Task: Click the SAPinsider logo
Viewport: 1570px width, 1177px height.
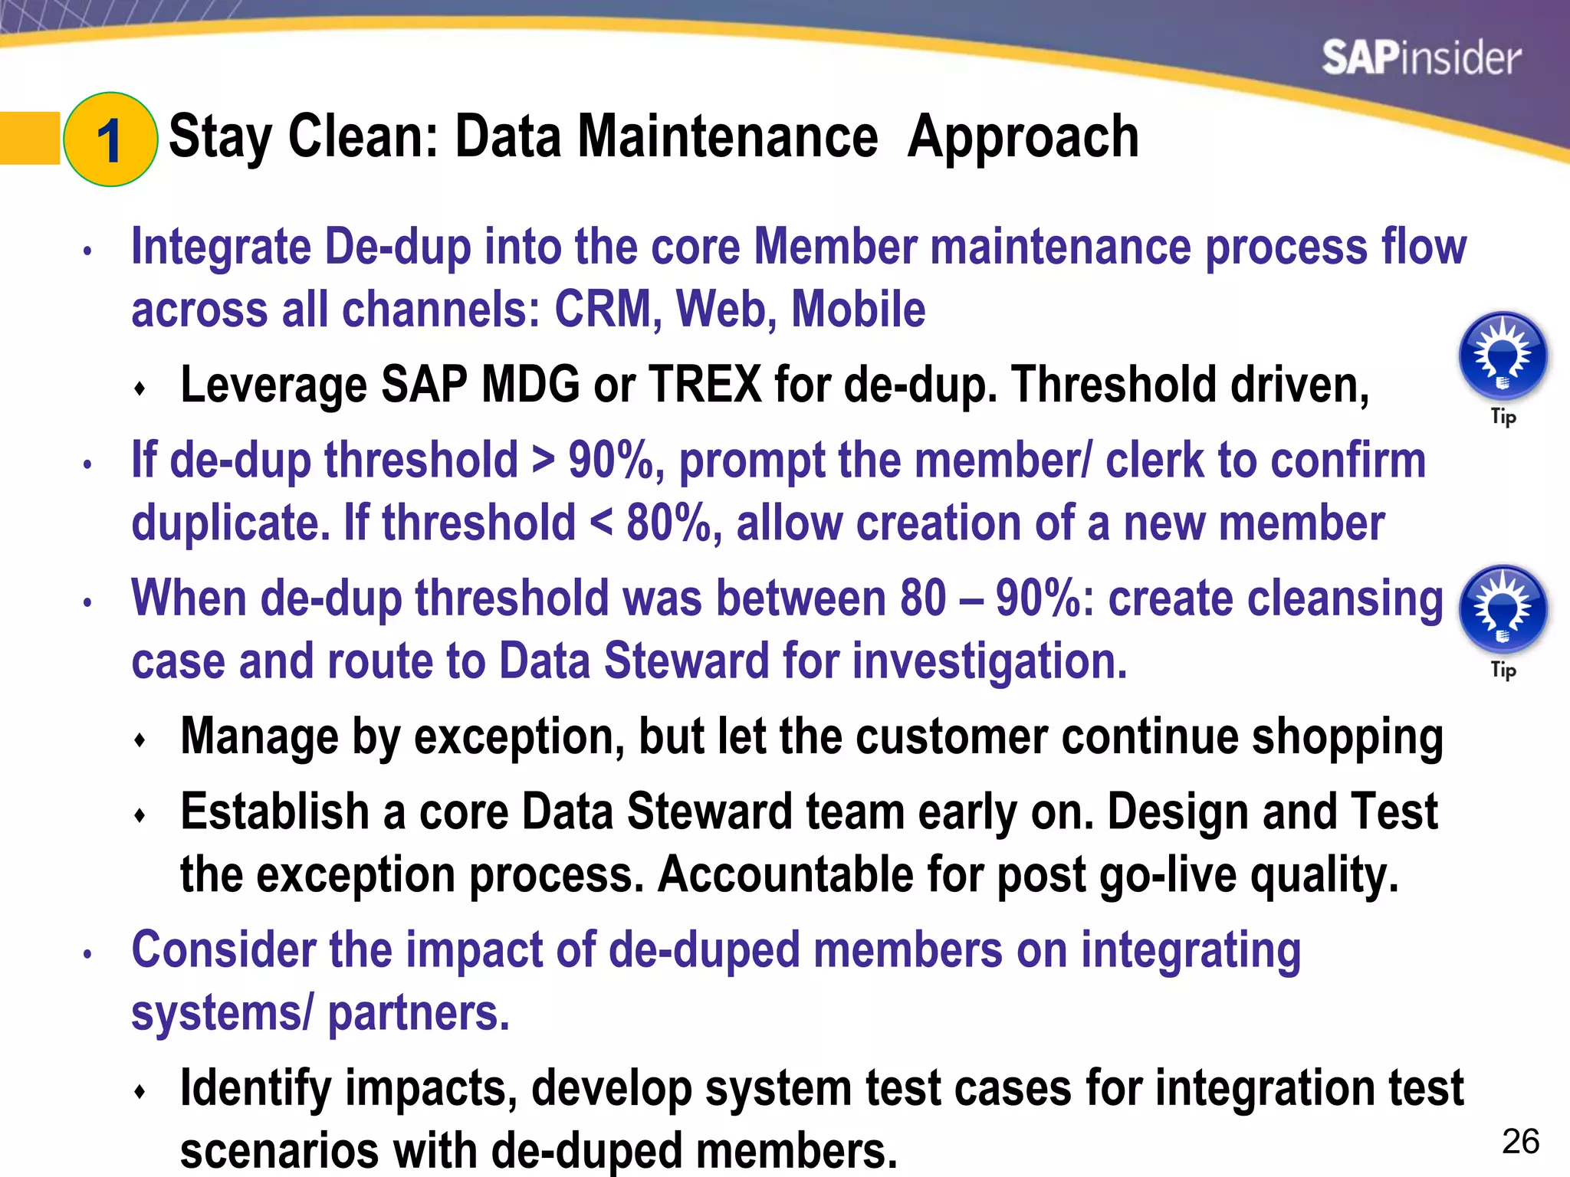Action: point(1421,58)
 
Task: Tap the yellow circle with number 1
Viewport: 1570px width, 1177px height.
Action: point(110,139)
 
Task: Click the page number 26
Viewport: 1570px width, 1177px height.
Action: point(1521,1142)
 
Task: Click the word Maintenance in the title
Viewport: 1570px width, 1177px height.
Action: point(728,138)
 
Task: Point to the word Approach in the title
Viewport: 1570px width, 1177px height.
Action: point(1023,138)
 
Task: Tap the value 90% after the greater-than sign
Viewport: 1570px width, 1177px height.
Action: point(611,461)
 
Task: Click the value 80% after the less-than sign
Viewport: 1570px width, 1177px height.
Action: point(668,523)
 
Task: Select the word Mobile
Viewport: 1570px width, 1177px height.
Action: point(858,310)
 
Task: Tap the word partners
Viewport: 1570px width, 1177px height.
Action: point(418,1013)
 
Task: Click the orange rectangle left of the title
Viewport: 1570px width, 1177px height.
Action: point(29,138)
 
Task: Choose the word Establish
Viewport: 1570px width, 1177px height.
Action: point(275,812)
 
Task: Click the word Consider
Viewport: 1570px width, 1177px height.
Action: point(223,950)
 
